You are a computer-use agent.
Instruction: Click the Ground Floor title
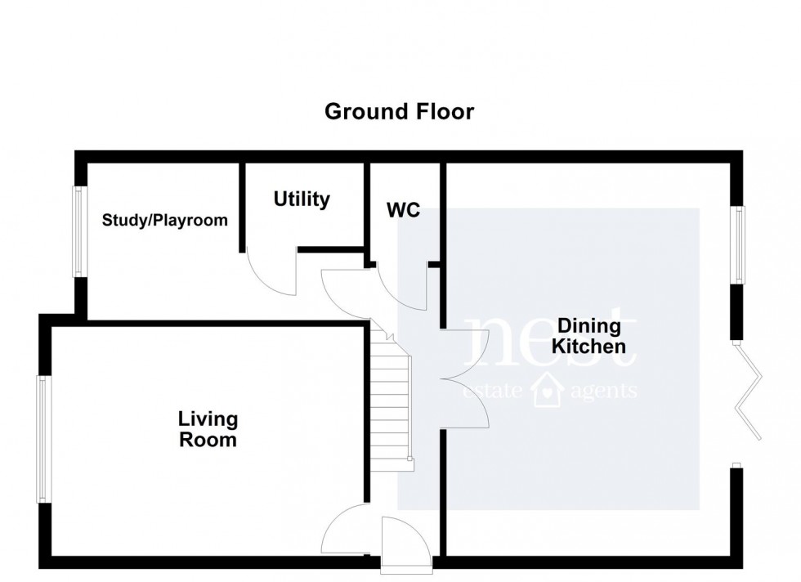(399, 111)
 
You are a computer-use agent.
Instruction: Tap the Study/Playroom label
(164, 221)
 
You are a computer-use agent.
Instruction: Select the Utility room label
(302, 199)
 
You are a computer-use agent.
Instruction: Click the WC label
(403, 210)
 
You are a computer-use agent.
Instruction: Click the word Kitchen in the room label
(588, 347)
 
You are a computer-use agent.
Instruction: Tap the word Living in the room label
(208, 419)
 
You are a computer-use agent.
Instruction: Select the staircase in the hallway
(391, 405)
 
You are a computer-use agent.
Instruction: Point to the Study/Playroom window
(79, 231)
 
